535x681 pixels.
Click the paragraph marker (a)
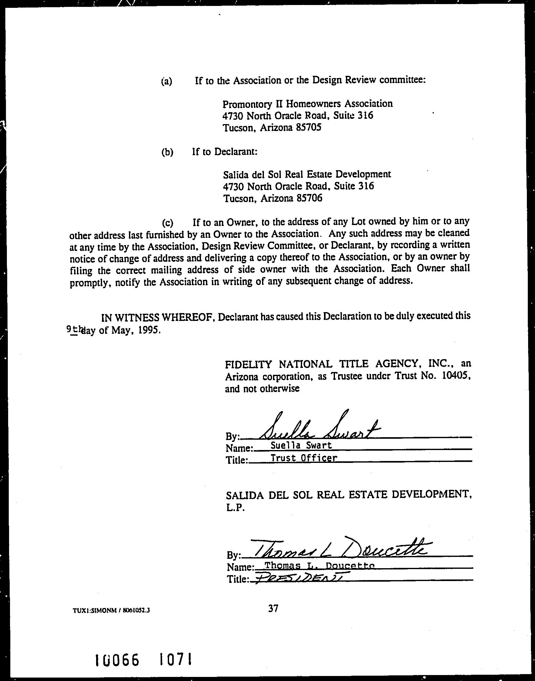pos(167,81)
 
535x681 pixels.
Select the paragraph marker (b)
pos(167,152)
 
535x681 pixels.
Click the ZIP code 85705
pos(309,128)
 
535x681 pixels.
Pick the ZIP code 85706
pos(309,198)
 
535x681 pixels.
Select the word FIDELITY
pos(249,364)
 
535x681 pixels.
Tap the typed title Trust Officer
pos(304,458)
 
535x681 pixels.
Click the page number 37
pos(273,609)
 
